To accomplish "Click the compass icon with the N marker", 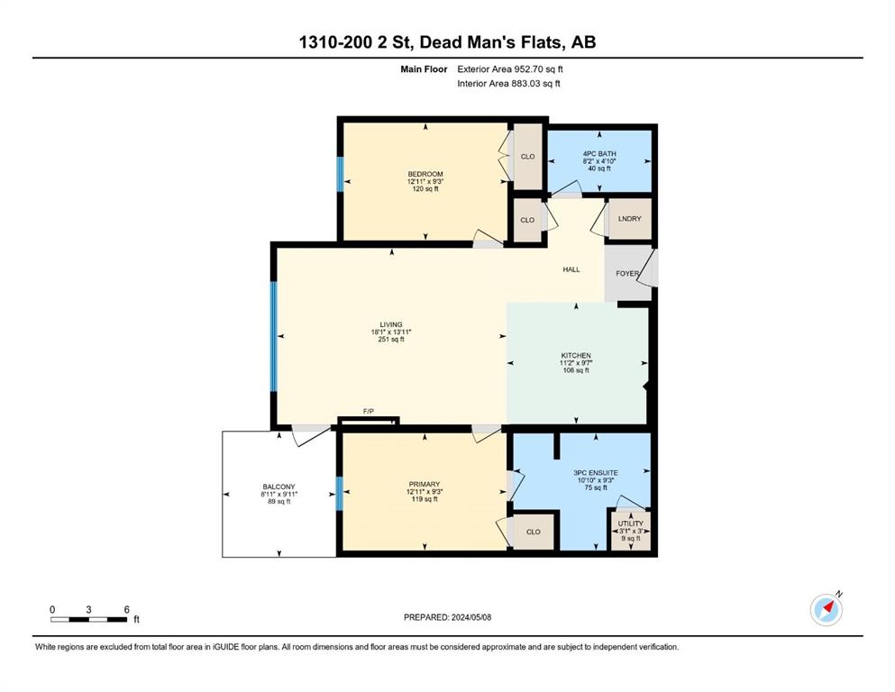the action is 826,609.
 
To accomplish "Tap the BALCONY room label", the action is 279,487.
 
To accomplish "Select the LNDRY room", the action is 630,218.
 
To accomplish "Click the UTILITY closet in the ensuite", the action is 631,531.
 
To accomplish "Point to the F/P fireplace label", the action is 368,411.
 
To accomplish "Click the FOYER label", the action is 627,273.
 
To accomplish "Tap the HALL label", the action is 571,269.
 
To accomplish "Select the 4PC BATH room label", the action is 599,153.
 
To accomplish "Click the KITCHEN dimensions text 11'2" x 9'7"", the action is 576,363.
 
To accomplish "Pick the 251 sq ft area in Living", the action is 391,340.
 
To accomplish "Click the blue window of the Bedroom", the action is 340,174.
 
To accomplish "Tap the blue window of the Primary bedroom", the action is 340,494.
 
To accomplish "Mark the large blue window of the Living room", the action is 273,336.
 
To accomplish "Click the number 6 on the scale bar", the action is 127,609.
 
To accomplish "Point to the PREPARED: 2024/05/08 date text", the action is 447,617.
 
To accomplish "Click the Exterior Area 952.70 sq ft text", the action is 510,69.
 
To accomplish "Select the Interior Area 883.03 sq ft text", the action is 508,83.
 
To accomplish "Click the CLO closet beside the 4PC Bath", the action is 527,156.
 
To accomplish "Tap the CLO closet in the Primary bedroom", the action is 533,532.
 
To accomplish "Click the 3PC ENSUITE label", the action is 596,473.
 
